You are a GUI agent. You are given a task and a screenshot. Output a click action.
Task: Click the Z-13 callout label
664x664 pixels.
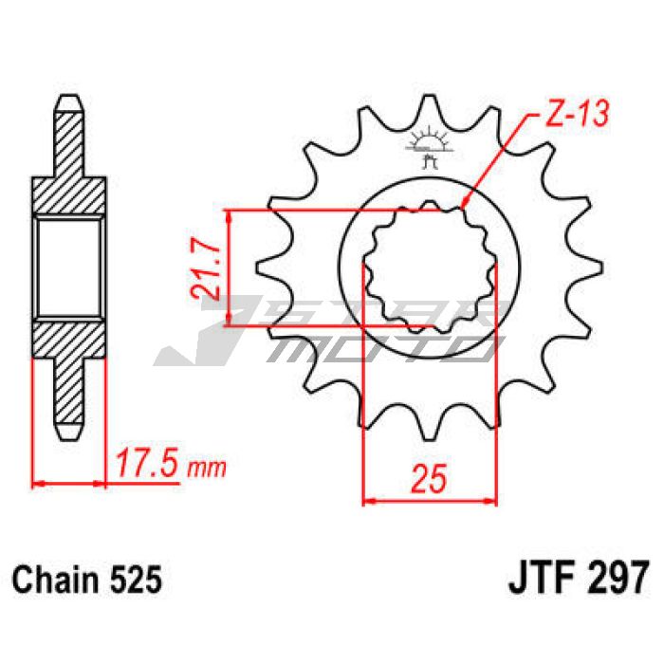(x=578, y=114)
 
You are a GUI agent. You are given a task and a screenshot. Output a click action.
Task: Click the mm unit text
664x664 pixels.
(x=207, y=468)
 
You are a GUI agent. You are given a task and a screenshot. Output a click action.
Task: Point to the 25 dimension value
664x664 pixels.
(x=430, y=478)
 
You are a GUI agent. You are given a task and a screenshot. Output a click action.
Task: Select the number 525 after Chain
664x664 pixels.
(x=136, y=580)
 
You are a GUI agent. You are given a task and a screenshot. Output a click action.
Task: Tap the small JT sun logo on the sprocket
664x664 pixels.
(x=428, y=146)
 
